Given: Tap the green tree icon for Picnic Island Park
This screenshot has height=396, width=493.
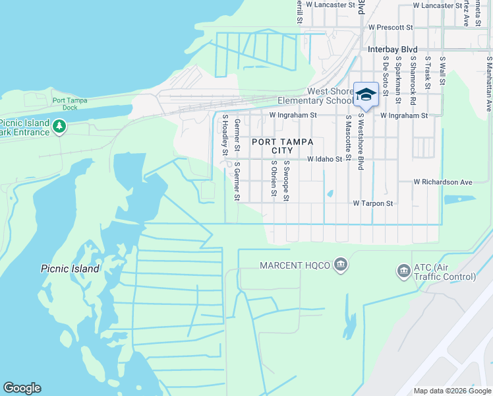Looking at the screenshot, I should pyautogui.click(x=59, y=125).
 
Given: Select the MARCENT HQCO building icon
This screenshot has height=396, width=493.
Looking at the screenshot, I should pyautogui.click(x=341, y=265).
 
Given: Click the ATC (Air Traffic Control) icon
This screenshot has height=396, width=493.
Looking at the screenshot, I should pyautogui.click(x=403, y=271).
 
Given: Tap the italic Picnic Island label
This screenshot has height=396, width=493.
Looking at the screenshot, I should pyautogui.click(x=70, y=269).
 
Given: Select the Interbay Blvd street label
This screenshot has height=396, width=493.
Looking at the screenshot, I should pyautogui.click(x=393, y=49).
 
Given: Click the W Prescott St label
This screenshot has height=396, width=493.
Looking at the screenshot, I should pyautogui.click(x=390, y=28).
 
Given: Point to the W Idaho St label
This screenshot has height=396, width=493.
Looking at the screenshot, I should pyautogui.click(x=325, y=159).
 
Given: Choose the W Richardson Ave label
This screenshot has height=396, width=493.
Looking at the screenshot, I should pyautogui.click(x=443, y=181).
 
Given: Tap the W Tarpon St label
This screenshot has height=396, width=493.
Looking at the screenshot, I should pyautogui.click(x=372, y=204).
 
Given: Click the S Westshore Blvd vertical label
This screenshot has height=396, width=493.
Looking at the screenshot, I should pyautogui.click(x=361, y=142).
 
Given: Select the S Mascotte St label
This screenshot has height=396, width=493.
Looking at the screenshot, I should pyautogui.click(x=347, y=142).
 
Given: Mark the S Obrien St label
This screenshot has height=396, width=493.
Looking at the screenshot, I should pyautogui.click(x=273, y=178).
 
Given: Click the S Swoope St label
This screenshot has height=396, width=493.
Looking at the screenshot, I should pyautogui.click(x=287, y=180).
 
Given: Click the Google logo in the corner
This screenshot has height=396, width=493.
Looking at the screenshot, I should pyautogui.click(x=22, y=388).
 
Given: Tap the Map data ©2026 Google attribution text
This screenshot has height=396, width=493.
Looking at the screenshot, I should pyautogui.click(x=451, y=391).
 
